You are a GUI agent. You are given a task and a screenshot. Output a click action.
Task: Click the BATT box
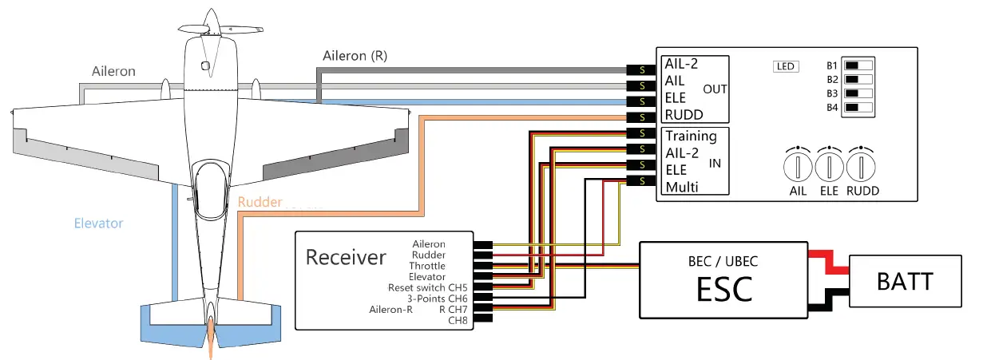tap(905, 282)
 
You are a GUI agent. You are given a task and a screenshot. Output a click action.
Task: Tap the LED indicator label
tap(786, 66)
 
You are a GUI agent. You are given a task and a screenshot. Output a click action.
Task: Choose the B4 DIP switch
tap(859, 107)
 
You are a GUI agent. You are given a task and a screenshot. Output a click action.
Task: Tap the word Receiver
tap(346, 257)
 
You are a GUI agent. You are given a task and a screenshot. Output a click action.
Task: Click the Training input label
tap(691, 136)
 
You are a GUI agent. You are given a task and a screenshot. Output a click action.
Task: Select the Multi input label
tap(682, 188)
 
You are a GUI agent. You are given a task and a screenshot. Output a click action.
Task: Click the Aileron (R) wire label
tap(357, 56)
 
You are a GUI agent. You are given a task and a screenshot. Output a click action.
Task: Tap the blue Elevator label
tap(98, 223)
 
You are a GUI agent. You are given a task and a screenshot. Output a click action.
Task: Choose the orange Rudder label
tap(260, 202)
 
